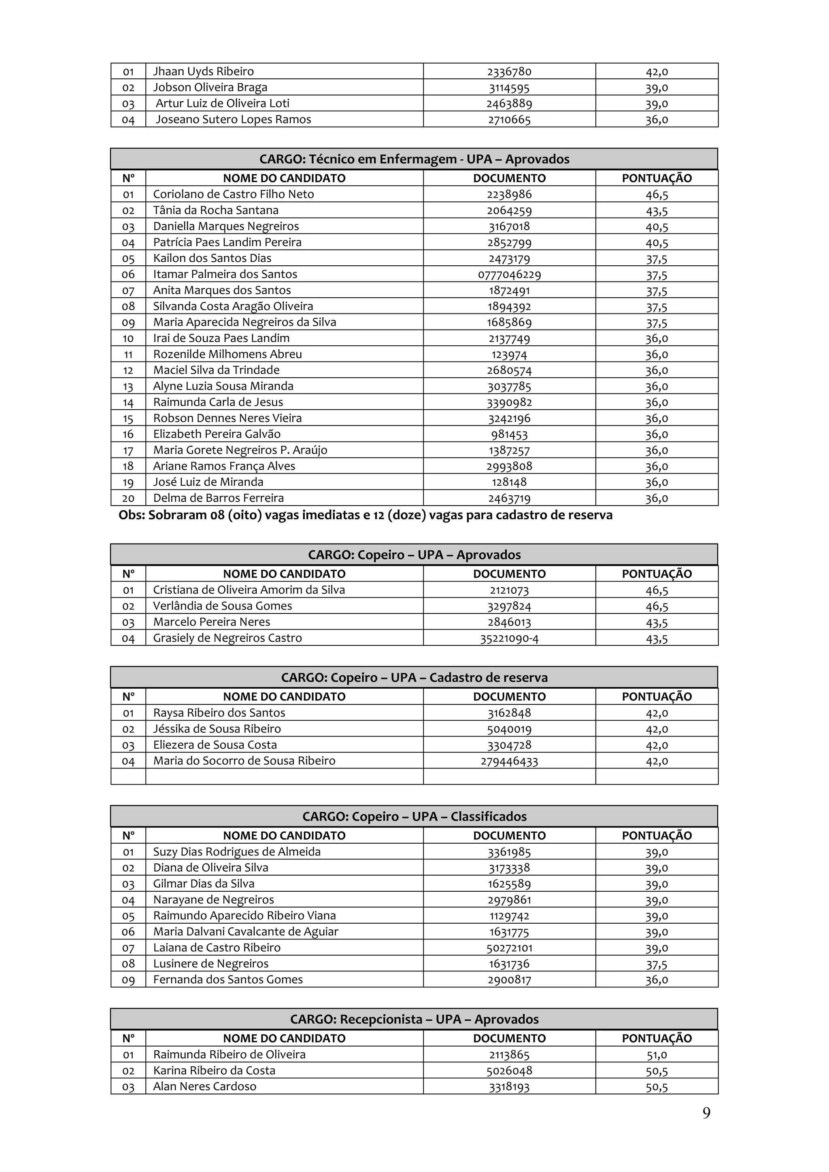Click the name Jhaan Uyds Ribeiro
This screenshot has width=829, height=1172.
[203, 72]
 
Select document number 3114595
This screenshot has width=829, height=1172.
[509, 87]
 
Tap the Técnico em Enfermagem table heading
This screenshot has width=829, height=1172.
[414, 159]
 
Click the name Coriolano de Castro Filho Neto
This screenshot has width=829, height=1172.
[234, 195]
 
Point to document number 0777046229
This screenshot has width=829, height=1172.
[509, 275]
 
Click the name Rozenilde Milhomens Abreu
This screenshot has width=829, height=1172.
[227, 354]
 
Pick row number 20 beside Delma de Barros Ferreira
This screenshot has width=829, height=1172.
[128, 498]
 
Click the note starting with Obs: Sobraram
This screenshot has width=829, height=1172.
[365, 516]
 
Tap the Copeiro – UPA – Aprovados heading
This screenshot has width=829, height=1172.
[414, 555]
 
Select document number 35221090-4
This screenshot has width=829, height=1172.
[509, 638]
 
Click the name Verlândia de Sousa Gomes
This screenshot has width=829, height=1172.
[222, 606]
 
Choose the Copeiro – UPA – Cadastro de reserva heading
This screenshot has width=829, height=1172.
[414, 678]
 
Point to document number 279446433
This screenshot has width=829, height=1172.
[509, 761]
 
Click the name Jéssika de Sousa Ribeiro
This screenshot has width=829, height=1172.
[217, 729]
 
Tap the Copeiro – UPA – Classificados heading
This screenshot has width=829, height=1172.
[414, 817]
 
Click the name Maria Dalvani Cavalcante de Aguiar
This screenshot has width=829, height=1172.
[246, 932]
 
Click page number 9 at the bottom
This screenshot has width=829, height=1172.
[706, 1113]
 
